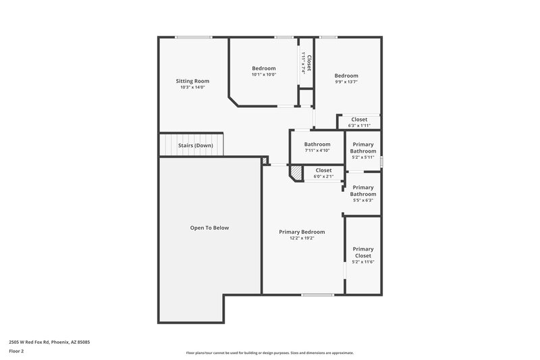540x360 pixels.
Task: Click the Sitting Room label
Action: pyautogui.click(x=192, y=81)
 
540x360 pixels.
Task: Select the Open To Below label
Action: pyautogui.click(x=209, y=228)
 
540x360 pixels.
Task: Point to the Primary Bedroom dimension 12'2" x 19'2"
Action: pyautogui.click(x=302, y=238)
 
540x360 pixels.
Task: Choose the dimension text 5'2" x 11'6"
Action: pyautogui.click(x=362, y=262)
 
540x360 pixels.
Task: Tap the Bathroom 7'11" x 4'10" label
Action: pyautogui.click(x=317, y=144)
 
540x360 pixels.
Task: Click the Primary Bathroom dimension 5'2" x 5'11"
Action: pyautogui.click(x=362, y=157)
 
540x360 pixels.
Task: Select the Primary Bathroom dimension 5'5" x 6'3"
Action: pyautogui.click(x=362, y=200)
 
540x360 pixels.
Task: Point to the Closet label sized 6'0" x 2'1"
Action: pyautogui.click(x=323, y=170)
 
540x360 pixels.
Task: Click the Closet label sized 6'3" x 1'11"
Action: pyautogui.click(x=359, y=120)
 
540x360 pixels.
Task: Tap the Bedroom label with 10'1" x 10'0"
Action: pyautogui.click(x=264, y=68)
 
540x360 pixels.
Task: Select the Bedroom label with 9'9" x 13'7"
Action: pyautogui.click(x=346, y=76)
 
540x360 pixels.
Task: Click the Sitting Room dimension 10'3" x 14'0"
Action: pyautogui.click(x=192, y=87)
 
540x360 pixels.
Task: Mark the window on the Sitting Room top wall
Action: pyautogui.click(x=194, y=37)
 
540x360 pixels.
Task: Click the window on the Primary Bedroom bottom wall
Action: pyautogui.click(x=317, y=294)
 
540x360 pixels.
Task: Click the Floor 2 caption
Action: pyautogui.click(x=16, y=351)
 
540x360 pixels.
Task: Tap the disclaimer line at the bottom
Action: pyautogui.click(x=269, y=353)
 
